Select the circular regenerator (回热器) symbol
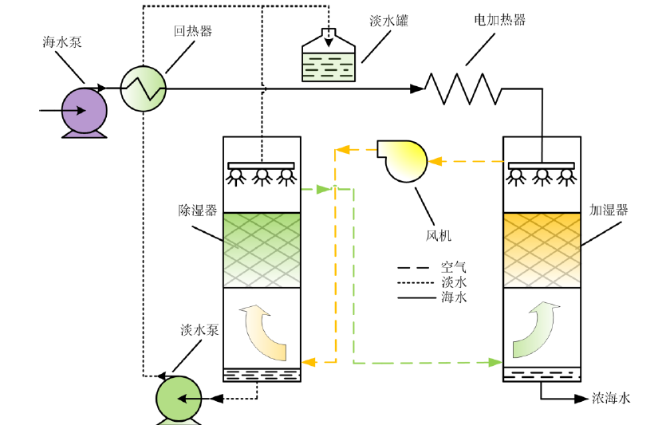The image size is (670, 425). click(x=144, y=87)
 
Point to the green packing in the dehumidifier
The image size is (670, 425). click(x=261, y=250)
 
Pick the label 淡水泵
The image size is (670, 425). click(x=199, y=330)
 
